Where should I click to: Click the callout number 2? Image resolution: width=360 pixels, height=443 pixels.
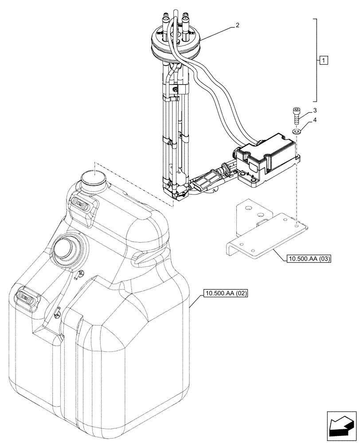pyautogui.click(x=238, y=25)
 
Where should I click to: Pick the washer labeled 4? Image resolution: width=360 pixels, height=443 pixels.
pyautogui.click(x=296, y=131)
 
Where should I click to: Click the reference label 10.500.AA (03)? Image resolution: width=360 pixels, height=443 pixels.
pyautogui.click(x=303, y=258)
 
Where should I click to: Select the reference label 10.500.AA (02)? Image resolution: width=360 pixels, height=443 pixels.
pyautogui.click(x=226, y=293)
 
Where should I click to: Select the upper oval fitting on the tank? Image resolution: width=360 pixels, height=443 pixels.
pyautogui.click(x=82, y=204)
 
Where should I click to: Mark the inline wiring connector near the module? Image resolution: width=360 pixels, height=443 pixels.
pyautogui.click(x=207, y=182)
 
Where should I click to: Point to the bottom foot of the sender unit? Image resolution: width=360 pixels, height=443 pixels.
pyautogui.click(x=177, y=191)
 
